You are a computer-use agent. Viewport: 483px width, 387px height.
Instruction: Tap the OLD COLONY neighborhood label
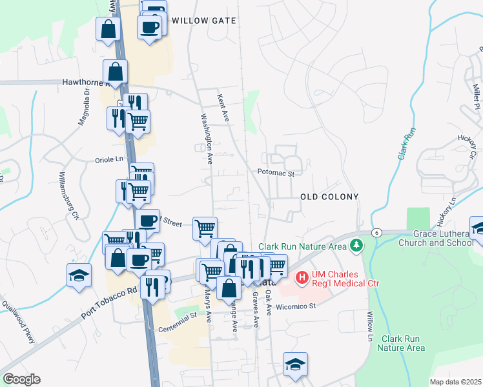pyautogui.click(x=329, y=195)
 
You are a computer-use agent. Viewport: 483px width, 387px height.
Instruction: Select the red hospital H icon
pyautogui.click(x=301, y=278)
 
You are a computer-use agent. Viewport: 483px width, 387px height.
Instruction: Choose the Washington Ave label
pyautogui.click(x=207, y=137)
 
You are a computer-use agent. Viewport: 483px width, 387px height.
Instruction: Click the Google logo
pyautogui.click(x=21, y=379)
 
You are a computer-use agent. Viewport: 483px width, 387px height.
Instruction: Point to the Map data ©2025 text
pyautogui.click(x=455, y=382)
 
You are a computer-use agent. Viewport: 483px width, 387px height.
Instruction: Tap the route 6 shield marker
pyautogui.click(x=375, y=232)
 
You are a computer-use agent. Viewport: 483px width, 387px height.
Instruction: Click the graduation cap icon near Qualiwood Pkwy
pyautogui.click(x=79, y=275)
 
